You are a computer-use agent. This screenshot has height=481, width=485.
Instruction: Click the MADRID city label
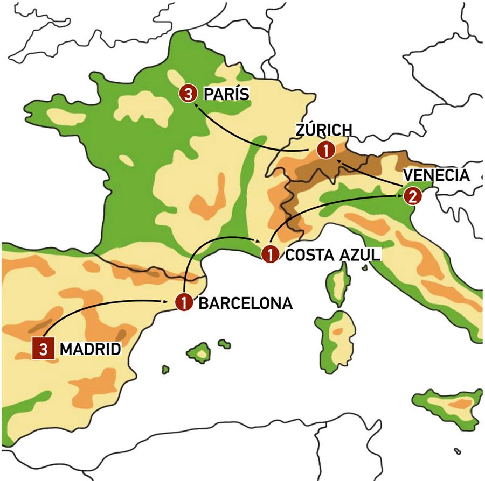pos(89,349)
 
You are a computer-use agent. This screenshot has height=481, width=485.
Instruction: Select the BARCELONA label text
pos(246,303)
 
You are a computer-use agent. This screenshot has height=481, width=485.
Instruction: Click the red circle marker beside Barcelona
pos(184,303)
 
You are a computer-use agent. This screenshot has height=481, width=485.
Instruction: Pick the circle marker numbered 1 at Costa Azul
pos(269,253)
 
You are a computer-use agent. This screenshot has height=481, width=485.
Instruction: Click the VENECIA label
pos(436,176)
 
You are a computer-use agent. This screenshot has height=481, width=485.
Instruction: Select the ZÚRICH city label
pos(324,130)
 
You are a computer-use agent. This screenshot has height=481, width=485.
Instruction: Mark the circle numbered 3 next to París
pos(187,94)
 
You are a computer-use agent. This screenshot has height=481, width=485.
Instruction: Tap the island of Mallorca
pos(199,353)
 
